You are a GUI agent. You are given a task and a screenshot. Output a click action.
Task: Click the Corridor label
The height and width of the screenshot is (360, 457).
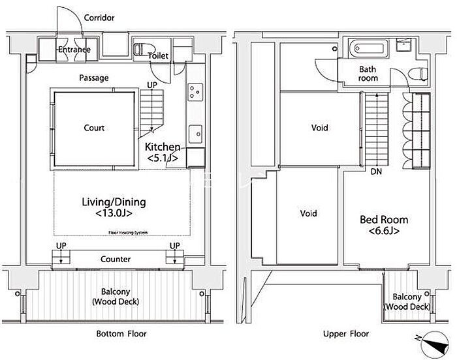(99, 18)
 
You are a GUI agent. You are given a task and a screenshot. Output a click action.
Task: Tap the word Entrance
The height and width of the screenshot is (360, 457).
(73, 50)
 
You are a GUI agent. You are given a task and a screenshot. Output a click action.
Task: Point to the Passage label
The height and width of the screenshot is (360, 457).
(94, 78)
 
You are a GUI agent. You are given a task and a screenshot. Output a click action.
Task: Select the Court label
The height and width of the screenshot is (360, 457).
(94, 128)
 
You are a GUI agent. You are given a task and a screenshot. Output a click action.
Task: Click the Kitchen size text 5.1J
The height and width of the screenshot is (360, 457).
(163, 158)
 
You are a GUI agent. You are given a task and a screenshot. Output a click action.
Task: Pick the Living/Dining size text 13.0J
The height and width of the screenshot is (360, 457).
(113, 213)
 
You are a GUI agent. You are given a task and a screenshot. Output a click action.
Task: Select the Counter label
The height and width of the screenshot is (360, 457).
(115, 259)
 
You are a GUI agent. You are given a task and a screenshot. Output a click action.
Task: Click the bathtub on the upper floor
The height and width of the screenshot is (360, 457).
(370, 48)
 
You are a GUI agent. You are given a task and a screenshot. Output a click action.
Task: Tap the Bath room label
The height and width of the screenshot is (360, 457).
(368, 74)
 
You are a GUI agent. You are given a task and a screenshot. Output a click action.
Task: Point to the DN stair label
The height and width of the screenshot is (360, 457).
(376, 172)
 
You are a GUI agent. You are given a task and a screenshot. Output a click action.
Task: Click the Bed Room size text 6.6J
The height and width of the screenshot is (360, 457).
(384, 231)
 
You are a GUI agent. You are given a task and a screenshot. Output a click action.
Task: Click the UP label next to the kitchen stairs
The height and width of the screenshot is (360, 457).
(151, 85)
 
